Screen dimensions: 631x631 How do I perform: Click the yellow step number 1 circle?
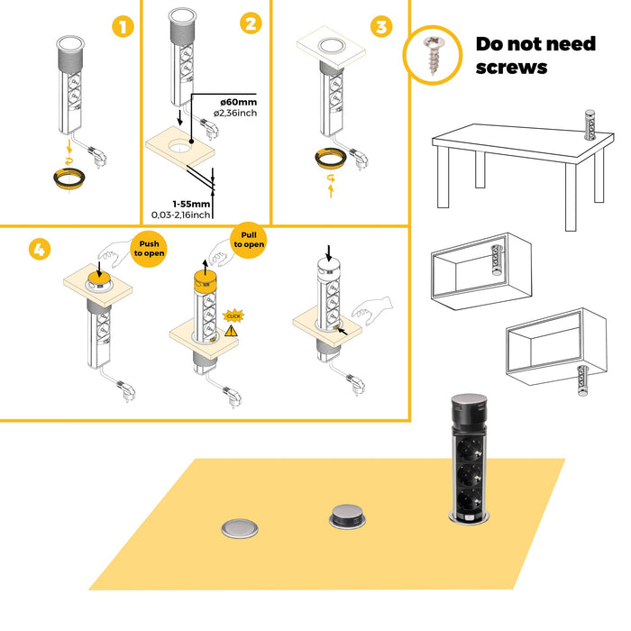point(123,27)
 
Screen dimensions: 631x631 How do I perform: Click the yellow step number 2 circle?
point(250,23)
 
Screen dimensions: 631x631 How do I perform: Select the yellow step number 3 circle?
point(381,27)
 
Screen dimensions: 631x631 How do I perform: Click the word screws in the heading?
point(511,67)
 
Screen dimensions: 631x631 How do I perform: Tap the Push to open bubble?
point(148,247)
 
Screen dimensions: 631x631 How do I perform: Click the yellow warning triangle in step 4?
point(232,331)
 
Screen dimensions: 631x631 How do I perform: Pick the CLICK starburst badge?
point(234,315)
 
